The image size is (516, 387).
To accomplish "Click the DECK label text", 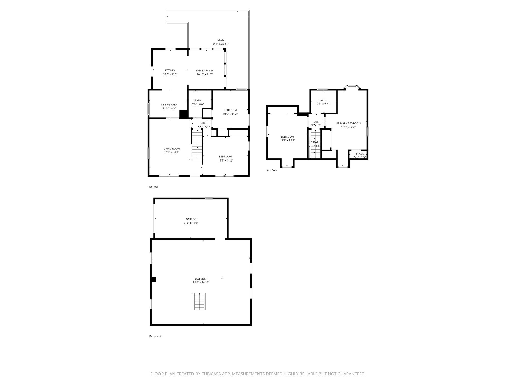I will coord(220,40).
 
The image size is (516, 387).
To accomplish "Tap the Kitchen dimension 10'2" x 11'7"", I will coord(170,74).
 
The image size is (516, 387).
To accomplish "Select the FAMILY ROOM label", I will coord(205,71).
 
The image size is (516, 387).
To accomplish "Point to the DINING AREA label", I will coord(169,105).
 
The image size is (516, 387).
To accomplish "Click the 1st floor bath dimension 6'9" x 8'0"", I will coord(198,104).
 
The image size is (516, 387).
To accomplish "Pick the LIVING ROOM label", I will coord(171,149).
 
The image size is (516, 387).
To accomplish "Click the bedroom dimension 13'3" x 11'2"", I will coord(225,160).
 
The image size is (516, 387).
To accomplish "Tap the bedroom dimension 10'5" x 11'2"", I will coord(230,114).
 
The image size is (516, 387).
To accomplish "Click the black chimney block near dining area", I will coord(184,114).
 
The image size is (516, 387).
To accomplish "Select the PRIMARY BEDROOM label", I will coord(348,123).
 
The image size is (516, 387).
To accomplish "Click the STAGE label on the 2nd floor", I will coord(360,154).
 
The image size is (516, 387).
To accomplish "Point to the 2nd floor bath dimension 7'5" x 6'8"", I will coord(323,104).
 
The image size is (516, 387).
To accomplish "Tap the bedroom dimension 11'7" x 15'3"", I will coord(287,140).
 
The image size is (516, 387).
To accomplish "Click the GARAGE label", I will coord(191,219).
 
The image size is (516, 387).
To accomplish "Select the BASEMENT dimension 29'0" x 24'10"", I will coord(201,282).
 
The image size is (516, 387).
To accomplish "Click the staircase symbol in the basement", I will coord(199,302).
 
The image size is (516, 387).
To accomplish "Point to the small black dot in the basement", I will coord(222,278).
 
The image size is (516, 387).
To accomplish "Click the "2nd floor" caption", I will coord(272,171).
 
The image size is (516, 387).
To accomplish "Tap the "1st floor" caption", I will coord(153,187).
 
